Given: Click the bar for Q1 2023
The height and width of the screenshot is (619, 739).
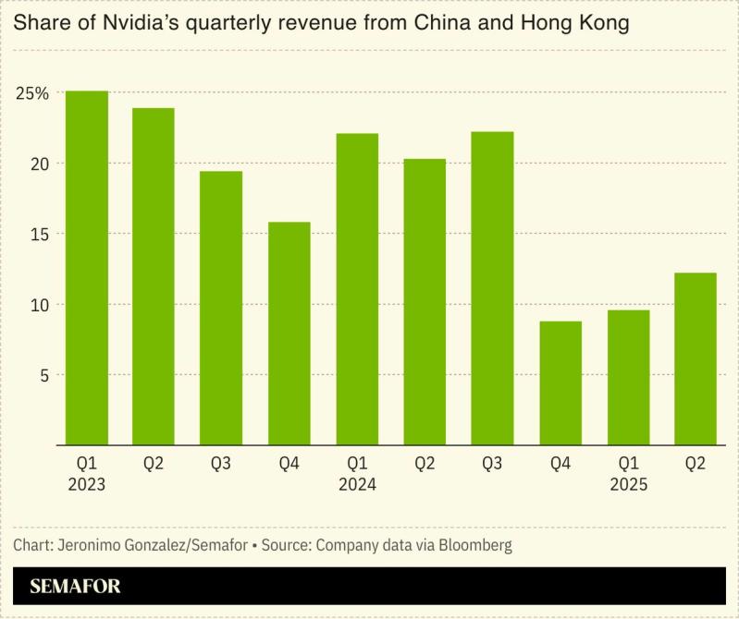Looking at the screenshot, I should coord(87,268).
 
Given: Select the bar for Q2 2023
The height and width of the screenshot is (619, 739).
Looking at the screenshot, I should coord(154,276).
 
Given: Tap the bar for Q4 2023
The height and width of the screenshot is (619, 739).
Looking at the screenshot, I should coord(289,333).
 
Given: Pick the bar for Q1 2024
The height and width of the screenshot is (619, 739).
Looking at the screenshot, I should coord(356,289).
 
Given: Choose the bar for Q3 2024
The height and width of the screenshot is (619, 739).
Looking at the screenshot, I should coord(492,288).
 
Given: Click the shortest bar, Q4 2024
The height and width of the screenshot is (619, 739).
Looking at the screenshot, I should coord(560,382).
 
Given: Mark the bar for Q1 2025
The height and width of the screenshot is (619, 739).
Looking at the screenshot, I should coord(627,377).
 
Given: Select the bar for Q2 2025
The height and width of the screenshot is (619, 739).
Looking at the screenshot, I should coord(696,358).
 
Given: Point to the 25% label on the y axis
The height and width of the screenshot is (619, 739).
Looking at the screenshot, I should coord(31,93).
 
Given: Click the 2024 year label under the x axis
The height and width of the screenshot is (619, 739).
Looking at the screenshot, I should coord(356,484).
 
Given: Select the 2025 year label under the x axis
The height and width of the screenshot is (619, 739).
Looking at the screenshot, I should coord(628,484).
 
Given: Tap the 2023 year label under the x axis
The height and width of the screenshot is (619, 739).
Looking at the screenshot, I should coord(87,484).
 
